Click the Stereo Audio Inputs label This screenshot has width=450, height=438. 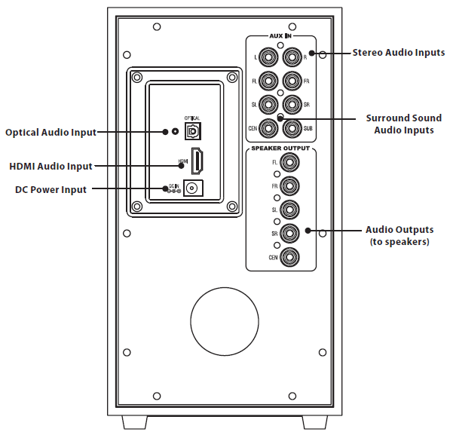click(x=399, y=53)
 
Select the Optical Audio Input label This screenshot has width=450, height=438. click(x=51, y=132)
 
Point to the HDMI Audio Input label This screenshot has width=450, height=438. click(x=51, y=166)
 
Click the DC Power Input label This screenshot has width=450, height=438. click(x=51, y=190)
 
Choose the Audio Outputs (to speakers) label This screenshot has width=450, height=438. click(x=399, y=235)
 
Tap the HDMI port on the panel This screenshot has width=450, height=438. click(x=197, y=162)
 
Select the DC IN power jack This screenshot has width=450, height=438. click(x=195, y=190)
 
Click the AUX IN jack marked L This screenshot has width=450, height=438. click(x=268, y=57)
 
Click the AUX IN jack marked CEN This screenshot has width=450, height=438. click(x=268, y=127)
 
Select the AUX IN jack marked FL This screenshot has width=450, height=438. click(x=268, y=80)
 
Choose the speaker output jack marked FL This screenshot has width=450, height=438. click(x=287, y=162)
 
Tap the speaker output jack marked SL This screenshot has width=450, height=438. click(x=287, y=209)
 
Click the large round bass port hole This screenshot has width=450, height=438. click(x=223, y=318)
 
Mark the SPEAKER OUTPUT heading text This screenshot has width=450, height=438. click(x=280, y=149)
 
